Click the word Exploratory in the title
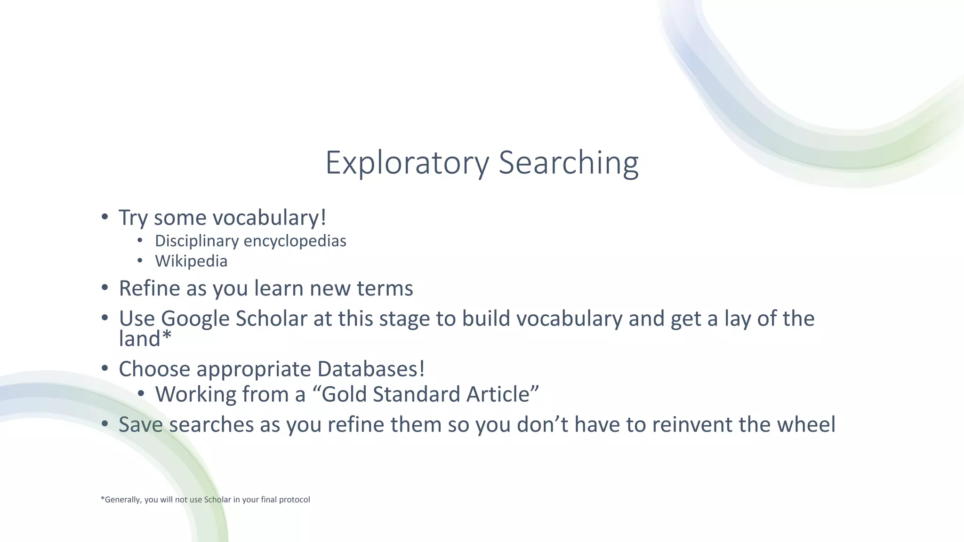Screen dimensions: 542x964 407,163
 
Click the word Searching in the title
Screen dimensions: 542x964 568,163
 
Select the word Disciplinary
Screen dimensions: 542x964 197,241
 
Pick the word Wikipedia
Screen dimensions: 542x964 191,261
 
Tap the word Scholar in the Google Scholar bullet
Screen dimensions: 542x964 271,319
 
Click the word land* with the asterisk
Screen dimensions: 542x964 145,339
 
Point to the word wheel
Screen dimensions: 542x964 806,424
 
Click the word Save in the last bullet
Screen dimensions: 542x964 141,424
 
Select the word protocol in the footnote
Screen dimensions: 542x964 294,500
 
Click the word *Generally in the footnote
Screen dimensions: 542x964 121,500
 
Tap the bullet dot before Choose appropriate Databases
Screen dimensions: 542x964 105,368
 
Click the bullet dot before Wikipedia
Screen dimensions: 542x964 140,260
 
